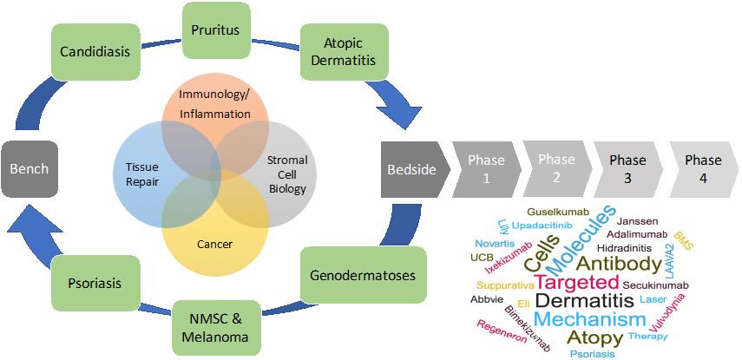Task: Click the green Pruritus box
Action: point(217,29)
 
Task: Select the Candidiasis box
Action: point(95,51)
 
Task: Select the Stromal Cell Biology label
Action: point(286,168)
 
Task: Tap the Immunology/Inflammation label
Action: point(215,103)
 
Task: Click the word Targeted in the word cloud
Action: point(577,282)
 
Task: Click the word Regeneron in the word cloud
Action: point(502,331)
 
